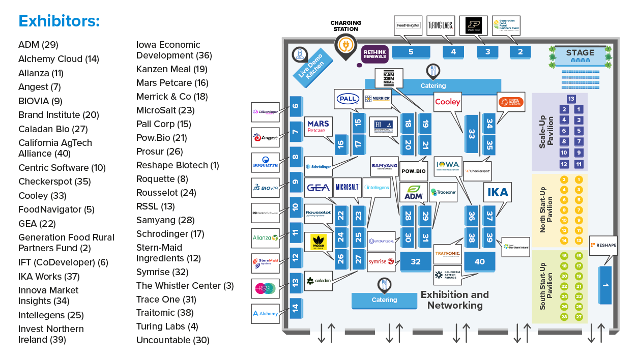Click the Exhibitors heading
[59, 21]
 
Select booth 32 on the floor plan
[416, 262]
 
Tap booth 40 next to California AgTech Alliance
[479, 261]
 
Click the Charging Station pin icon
[345, 46]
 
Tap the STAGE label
[580, 53]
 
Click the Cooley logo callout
[448, 102]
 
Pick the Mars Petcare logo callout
[318, 127]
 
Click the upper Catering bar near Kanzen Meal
[433, 86]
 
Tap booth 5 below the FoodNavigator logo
[411, 52]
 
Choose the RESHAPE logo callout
[603, 246]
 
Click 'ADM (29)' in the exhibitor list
[38, 45]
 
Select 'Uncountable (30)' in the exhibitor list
[172, 340]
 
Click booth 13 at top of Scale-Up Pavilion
[571, 99]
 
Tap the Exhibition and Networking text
[454, 300]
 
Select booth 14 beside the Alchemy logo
[296, 308]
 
